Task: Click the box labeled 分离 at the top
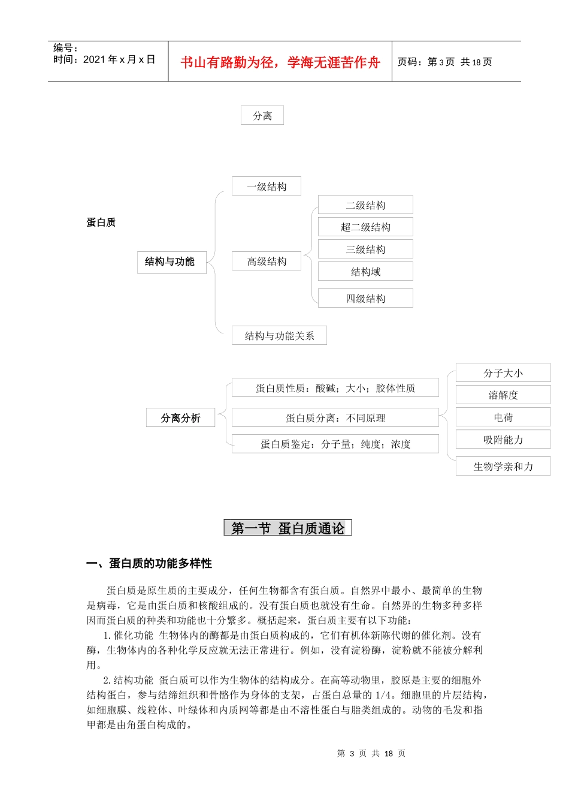(x=262, y=116)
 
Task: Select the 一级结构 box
(x=267, y=187)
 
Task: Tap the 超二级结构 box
(x=365, y=227)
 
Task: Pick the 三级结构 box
(x=365, y=249)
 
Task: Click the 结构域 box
(x=365, y=272)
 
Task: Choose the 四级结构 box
(x=365, y=299)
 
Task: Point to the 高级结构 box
(x=267, y=261)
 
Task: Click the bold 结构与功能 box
(x=171, y=262)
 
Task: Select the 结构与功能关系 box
(x=279, y=336)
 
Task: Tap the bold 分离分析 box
(x=181, y=418)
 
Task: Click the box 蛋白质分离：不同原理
(x=335, y=418)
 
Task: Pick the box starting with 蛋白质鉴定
(x=335, y=444)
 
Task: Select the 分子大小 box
(x=503, y=373)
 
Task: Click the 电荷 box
(x=503, y=417)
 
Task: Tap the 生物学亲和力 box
(x=503, y=467)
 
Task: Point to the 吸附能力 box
(x=503, y=440)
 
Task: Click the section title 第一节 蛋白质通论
(x=287, y=528)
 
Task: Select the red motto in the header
(x=280, y=62)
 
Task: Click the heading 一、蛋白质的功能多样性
(x=149, y=564)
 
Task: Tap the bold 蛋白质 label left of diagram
(x=101, y=222)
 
